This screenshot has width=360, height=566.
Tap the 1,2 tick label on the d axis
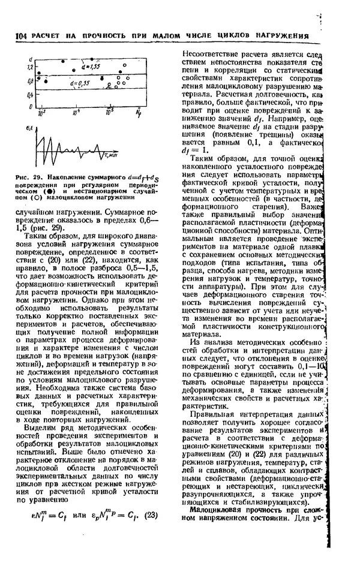pos(29,67)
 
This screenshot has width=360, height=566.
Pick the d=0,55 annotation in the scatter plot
pos(81,83)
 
